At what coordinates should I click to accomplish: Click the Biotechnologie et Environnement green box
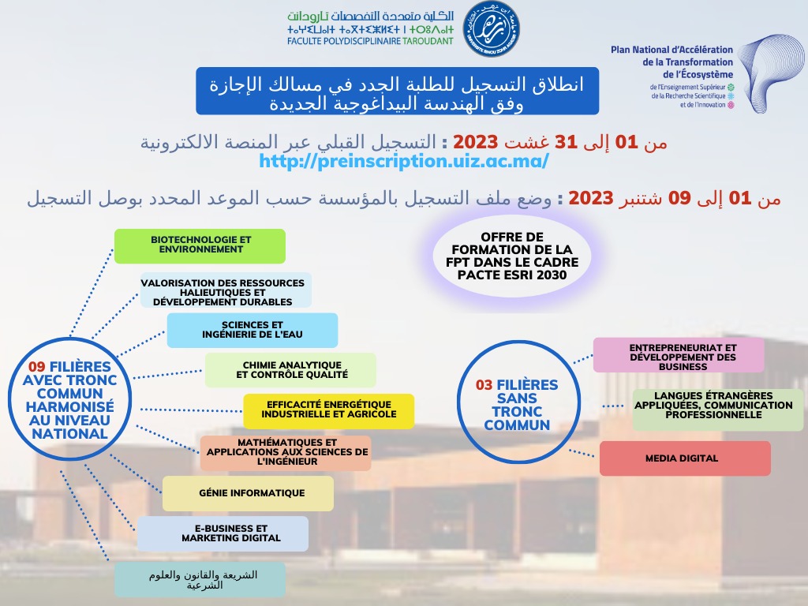pyautogui.click(x=200, y=245)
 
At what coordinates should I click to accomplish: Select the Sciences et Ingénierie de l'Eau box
pyautogui.click(x=252, y=330)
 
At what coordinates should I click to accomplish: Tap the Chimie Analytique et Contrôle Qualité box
pyautogui.click(x=290, y=369)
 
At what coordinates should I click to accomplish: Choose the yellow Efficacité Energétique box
pyautogui.click(x=328, y=411)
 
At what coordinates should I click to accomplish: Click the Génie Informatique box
pyautogui.click(x=248, y=493)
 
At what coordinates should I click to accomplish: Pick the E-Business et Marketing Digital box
pyautogui.click(x=223, y=533)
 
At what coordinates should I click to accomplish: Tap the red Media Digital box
pyautogui.click(x=684, y=458)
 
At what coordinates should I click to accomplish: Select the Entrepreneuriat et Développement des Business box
pyautogui.click(x=679, y=355)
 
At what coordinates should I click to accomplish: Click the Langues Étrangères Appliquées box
pyautogui.click(x=717, y=410)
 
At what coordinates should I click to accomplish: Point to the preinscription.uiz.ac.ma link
pyautogui.click(x=403, y=160)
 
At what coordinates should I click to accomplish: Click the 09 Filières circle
pyautogui.click(x=69, y=400)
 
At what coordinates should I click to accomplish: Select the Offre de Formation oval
pyautogui.click(x=518, y=256)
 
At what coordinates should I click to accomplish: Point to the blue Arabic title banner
pyautogui.click(x=397, y=90)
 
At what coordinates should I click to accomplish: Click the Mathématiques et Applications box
pyautogui.click(x=286, y=453)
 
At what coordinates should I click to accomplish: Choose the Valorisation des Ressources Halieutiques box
pyautogui.click(x=226, y=290)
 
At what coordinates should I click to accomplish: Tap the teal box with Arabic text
pyautogui.click(x=200, y=580)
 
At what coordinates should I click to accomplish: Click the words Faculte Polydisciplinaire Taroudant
pyautogui.click(x=370, y=40)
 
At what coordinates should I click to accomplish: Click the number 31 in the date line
pyautogui.click(x=567, y=142)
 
